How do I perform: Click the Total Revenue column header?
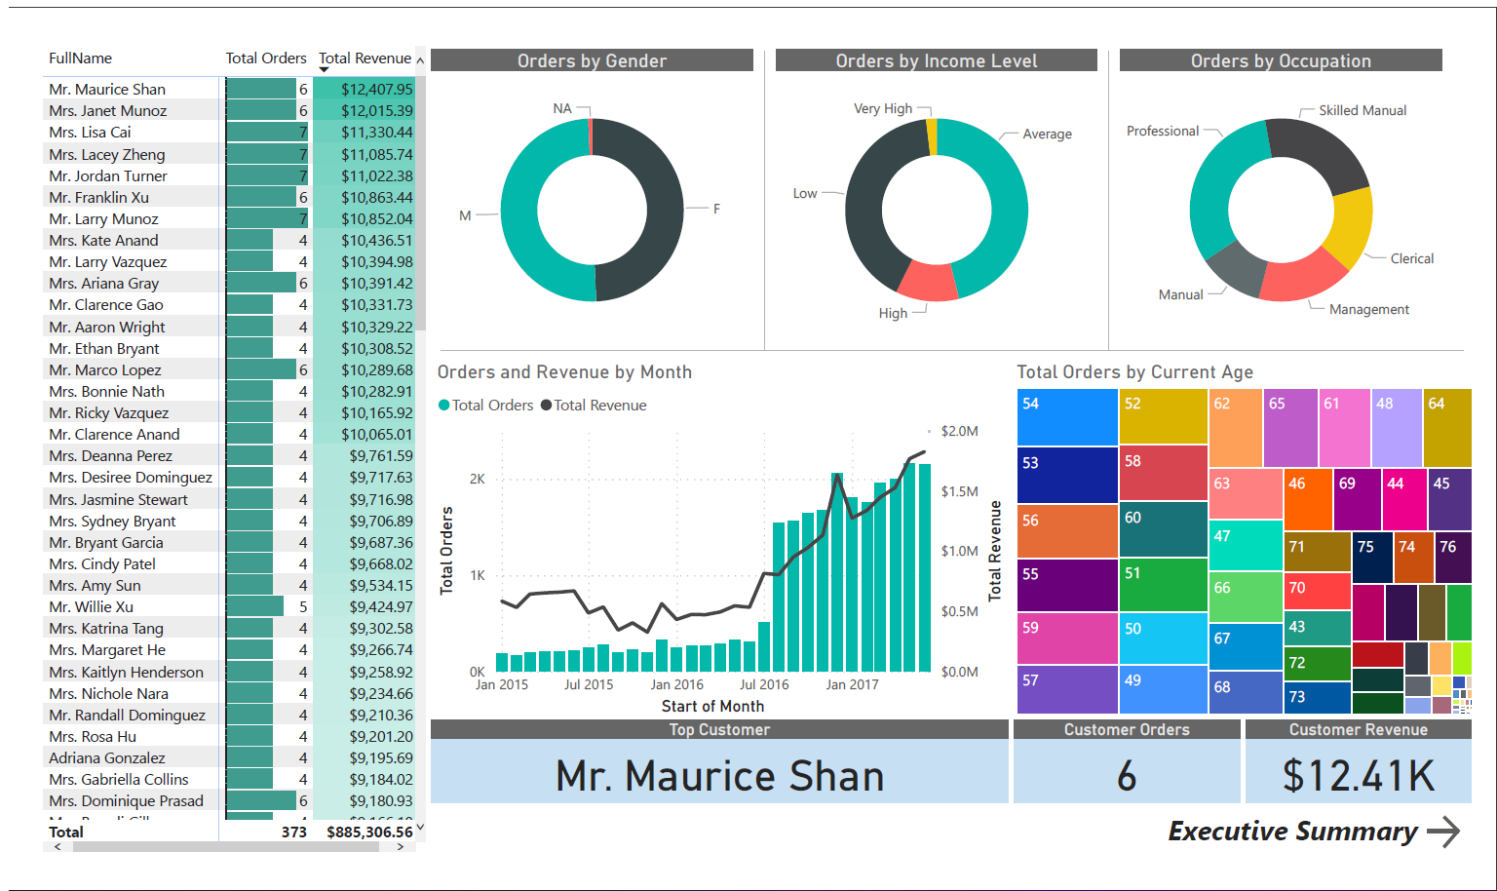365,58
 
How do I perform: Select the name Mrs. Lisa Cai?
90,133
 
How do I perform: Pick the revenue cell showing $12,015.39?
376,111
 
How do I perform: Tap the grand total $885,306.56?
369,833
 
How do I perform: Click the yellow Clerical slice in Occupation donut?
1353,226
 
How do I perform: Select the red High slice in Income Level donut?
927,281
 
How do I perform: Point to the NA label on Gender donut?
562,108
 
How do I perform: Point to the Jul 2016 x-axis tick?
764,684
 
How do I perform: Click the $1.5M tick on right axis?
959,491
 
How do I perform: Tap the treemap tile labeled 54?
1067,417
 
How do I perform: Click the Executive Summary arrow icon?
1443,832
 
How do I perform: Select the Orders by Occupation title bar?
1280,60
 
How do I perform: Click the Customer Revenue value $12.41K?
1358,776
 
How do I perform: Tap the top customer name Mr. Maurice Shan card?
719,776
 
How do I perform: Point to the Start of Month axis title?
712,706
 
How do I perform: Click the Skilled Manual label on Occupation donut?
1362,111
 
